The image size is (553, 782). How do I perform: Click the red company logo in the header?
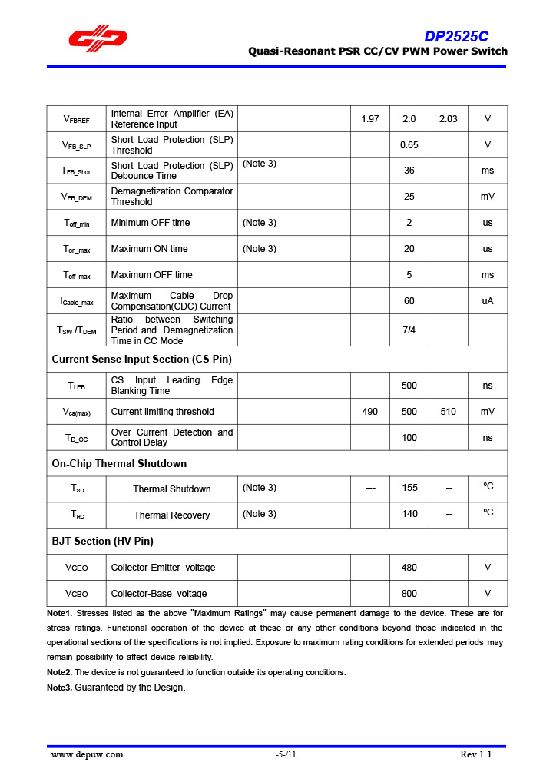pyautogui.click(x=98, y=39)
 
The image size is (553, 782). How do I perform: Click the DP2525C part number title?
pyautogui.click(x=456, y=36)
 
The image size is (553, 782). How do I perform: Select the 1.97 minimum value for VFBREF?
pyautogui.click(x=369, y=119)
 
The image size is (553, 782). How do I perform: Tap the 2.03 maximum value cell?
pyautogui.click(x=448, y=119)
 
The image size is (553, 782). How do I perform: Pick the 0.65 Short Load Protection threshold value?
pyautogui.click(x=409, y=145)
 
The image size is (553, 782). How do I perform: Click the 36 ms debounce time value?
pyautogui.click(x=409, y=171)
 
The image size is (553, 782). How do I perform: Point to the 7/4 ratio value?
pyautogui.click(x=409, y=330)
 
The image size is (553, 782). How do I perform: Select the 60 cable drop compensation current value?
pyautogui.click(x=409, y=301)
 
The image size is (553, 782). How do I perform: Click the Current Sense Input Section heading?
pyautogui.click(x=141, y=359)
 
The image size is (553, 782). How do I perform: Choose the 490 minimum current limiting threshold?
pyautogui.click(x=369, y=412)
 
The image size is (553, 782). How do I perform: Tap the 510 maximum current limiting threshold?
pyautogui.click(x=448, y=412)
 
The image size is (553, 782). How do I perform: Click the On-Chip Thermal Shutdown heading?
pyautogui.click(x=119, y=463)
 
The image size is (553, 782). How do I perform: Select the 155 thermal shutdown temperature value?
pyautogui.click(x=409, y=489)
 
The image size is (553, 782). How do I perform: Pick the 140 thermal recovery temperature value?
pyautogui.click(x=409, y=514)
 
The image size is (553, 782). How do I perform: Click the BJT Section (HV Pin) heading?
pyautogui.click(x=102, y=541)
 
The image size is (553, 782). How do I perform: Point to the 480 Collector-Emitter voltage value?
pyautogui.click(x=409, y=568)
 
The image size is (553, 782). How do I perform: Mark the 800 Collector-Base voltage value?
pyautogui.click(x=409, y=594)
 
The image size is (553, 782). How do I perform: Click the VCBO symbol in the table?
pyautogui.click(x=77, y=594)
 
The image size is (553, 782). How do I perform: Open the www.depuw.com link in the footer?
pyautogui.click(x=87, y=754)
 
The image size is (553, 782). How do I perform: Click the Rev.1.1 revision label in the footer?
pyautogui.click(x=475, y=754)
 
